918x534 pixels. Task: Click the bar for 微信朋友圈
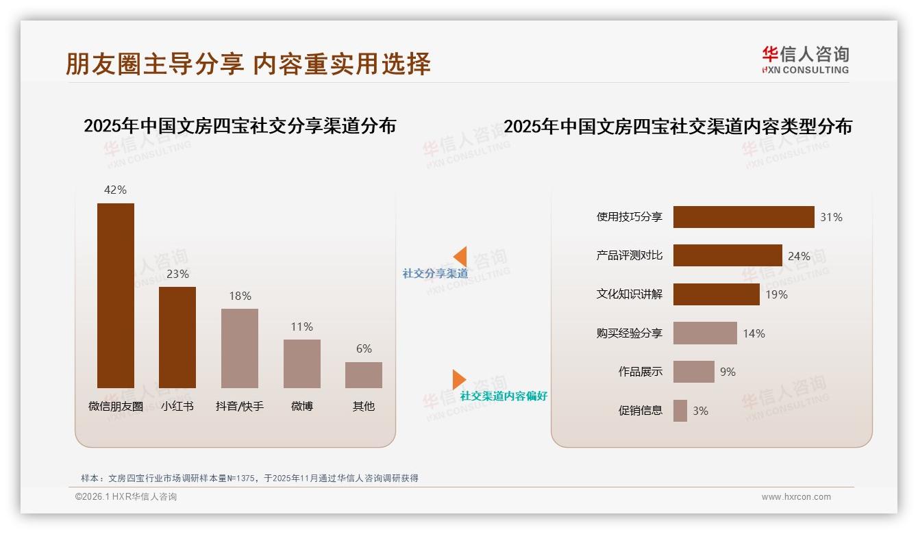pyautogui.click(x=115, y=296)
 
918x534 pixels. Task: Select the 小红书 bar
pyautogui.click(x=177, y=338)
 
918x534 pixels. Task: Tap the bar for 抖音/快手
pyautogui.click(x=240, y=348)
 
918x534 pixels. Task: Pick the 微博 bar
pyautogui.click(x=302, y=364)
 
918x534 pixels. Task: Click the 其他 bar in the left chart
pyautogui.click(x=364, y=375)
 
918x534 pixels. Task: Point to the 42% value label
pyautogui.click(x=115, y=190)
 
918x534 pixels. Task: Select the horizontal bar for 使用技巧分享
pyautogui.click(x=743, y=217)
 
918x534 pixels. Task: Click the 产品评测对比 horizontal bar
pyautogui.click(x=728, y=255)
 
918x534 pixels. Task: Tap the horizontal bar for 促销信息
pyautogui.click(x=680, y=411)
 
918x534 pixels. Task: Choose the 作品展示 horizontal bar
pyautogui.click(x=693, y=372)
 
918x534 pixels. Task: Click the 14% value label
pyautogui.click(x=754, y=333)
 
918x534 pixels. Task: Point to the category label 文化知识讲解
pyautogui.click(x=630, y=294)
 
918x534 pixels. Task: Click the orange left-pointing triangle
pyautogui.click(x=460, y=256)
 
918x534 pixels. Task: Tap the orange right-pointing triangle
pyautogui.click(x=459, y=379)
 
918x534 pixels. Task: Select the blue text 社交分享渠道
pyautogui.click(x=435, y=274)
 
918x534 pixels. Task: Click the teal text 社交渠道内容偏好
pyautogui.click(x=504, y=396)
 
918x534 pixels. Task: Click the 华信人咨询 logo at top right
pyautogui.click(x=805, y=60)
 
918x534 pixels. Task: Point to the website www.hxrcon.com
pyautogui.click(x=796, y=497)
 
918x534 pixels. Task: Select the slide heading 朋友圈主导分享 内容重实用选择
pyautogui.click(x=248, y=64)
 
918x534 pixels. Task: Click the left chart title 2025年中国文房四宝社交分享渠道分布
pyautogui.click(x=240, y=126)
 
